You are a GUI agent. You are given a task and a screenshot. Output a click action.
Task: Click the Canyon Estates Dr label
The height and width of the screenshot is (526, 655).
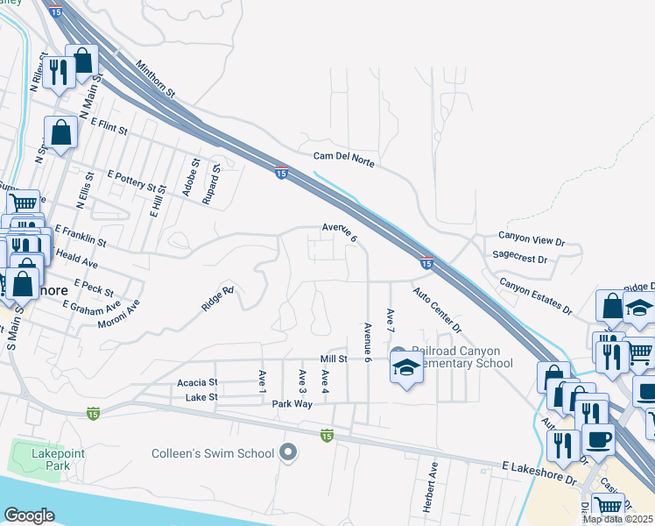point(535,296)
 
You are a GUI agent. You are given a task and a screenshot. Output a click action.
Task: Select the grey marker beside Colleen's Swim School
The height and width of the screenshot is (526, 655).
point(288,453)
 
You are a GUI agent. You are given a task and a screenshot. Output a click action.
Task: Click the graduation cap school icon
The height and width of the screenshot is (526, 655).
point(406,370)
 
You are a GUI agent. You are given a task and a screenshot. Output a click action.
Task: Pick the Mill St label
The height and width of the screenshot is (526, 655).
point(334,359)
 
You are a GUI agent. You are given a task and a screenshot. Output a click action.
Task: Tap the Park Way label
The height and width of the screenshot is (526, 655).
point(292,404)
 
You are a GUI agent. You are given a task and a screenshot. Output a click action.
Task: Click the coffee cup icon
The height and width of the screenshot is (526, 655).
point(598,441)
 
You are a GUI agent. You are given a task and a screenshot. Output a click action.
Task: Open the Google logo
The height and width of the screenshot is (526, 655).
point(29,515)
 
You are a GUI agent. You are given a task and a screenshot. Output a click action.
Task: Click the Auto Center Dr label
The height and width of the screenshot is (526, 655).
point(437,310)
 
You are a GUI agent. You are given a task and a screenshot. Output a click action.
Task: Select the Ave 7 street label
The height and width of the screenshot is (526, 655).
point(391,321)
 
